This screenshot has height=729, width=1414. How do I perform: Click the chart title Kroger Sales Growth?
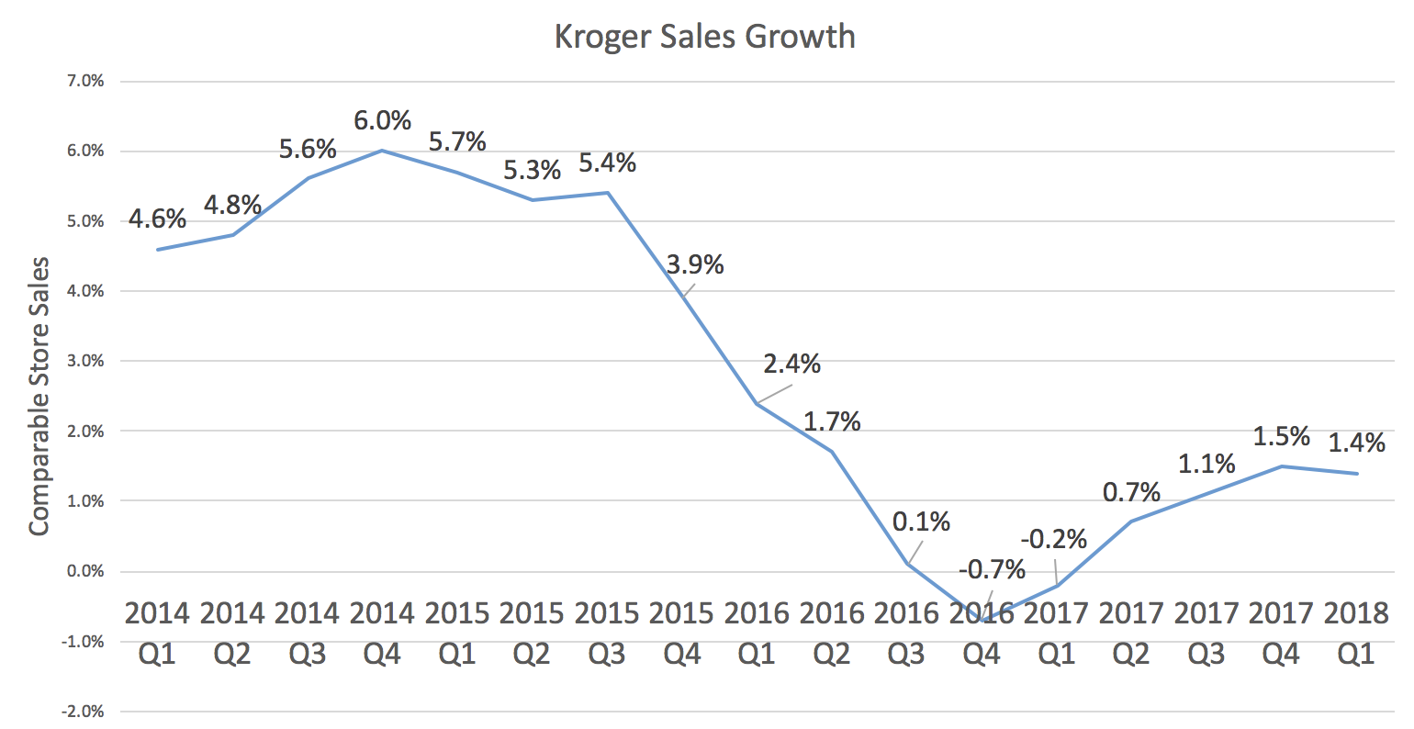click(704, 37)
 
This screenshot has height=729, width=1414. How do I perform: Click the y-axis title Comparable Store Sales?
click(38, 397)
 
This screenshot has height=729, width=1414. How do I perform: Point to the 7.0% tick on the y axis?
click(85, 81)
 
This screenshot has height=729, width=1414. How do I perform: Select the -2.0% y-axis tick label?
click(84, 712)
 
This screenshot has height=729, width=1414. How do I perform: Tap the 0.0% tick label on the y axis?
click(85, 571)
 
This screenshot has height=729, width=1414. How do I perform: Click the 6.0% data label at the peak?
click(382, 121)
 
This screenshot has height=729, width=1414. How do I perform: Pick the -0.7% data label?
click(992, 570)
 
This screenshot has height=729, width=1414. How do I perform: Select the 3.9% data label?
click(695, 265)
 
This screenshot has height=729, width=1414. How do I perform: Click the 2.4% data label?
click(791, 364)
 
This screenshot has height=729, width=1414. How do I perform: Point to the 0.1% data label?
click(921, 522)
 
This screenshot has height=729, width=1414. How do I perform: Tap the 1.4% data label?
click(1356, 443)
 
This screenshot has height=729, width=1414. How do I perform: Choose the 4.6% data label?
click(157, 219)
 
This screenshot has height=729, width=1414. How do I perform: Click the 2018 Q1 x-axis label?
click(1356, 633)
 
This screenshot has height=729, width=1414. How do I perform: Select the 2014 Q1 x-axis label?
click(157, 633)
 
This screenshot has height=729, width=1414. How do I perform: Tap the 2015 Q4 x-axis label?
click(682, 633)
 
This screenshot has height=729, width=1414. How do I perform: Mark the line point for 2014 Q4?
click(382, 151)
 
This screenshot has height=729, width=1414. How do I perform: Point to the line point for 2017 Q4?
click(1282, 466)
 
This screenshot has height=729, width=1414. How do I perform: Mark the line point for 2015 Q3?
click(607, 193)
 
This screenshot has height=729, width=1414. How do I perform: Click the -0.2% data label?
click(1053, 539)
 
